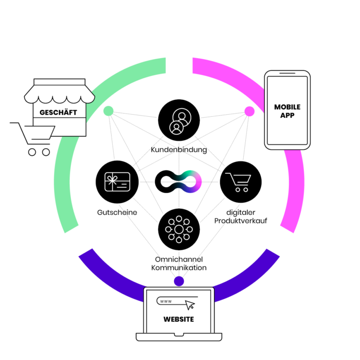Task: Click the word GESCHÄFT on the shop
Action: click(58, 113)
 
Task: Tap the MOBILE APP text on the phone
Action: click(287, 111)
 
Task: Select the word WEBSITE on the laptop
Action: click(178, 319)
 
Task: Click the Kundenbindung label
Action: click(179, 150)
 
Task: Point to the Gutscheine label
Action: click(117, 212)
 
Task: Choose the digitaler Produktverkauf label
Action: click(241, 217)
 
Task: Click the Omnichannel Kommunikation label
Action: click(179, 263)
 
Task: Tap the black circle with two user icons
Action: click(179, 120)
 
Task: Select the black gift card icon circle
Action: click(117, 182)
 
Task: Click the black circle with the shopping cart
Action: click(241, 182)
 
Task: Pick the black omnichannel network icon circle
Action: click(179, 229)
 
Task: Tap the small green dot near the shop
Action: click(109, 111)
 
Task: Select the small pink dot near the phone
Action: click(249, 112)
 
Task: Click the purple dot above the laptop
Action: click(179, 281)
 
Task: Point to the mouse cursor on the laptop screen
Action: click(190, 305)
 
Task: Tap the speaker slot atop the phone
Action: click(287, 73)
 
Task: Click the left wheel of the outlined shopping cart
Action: click(32, 152)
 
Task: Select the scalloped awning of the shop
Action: click(60, 94)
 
